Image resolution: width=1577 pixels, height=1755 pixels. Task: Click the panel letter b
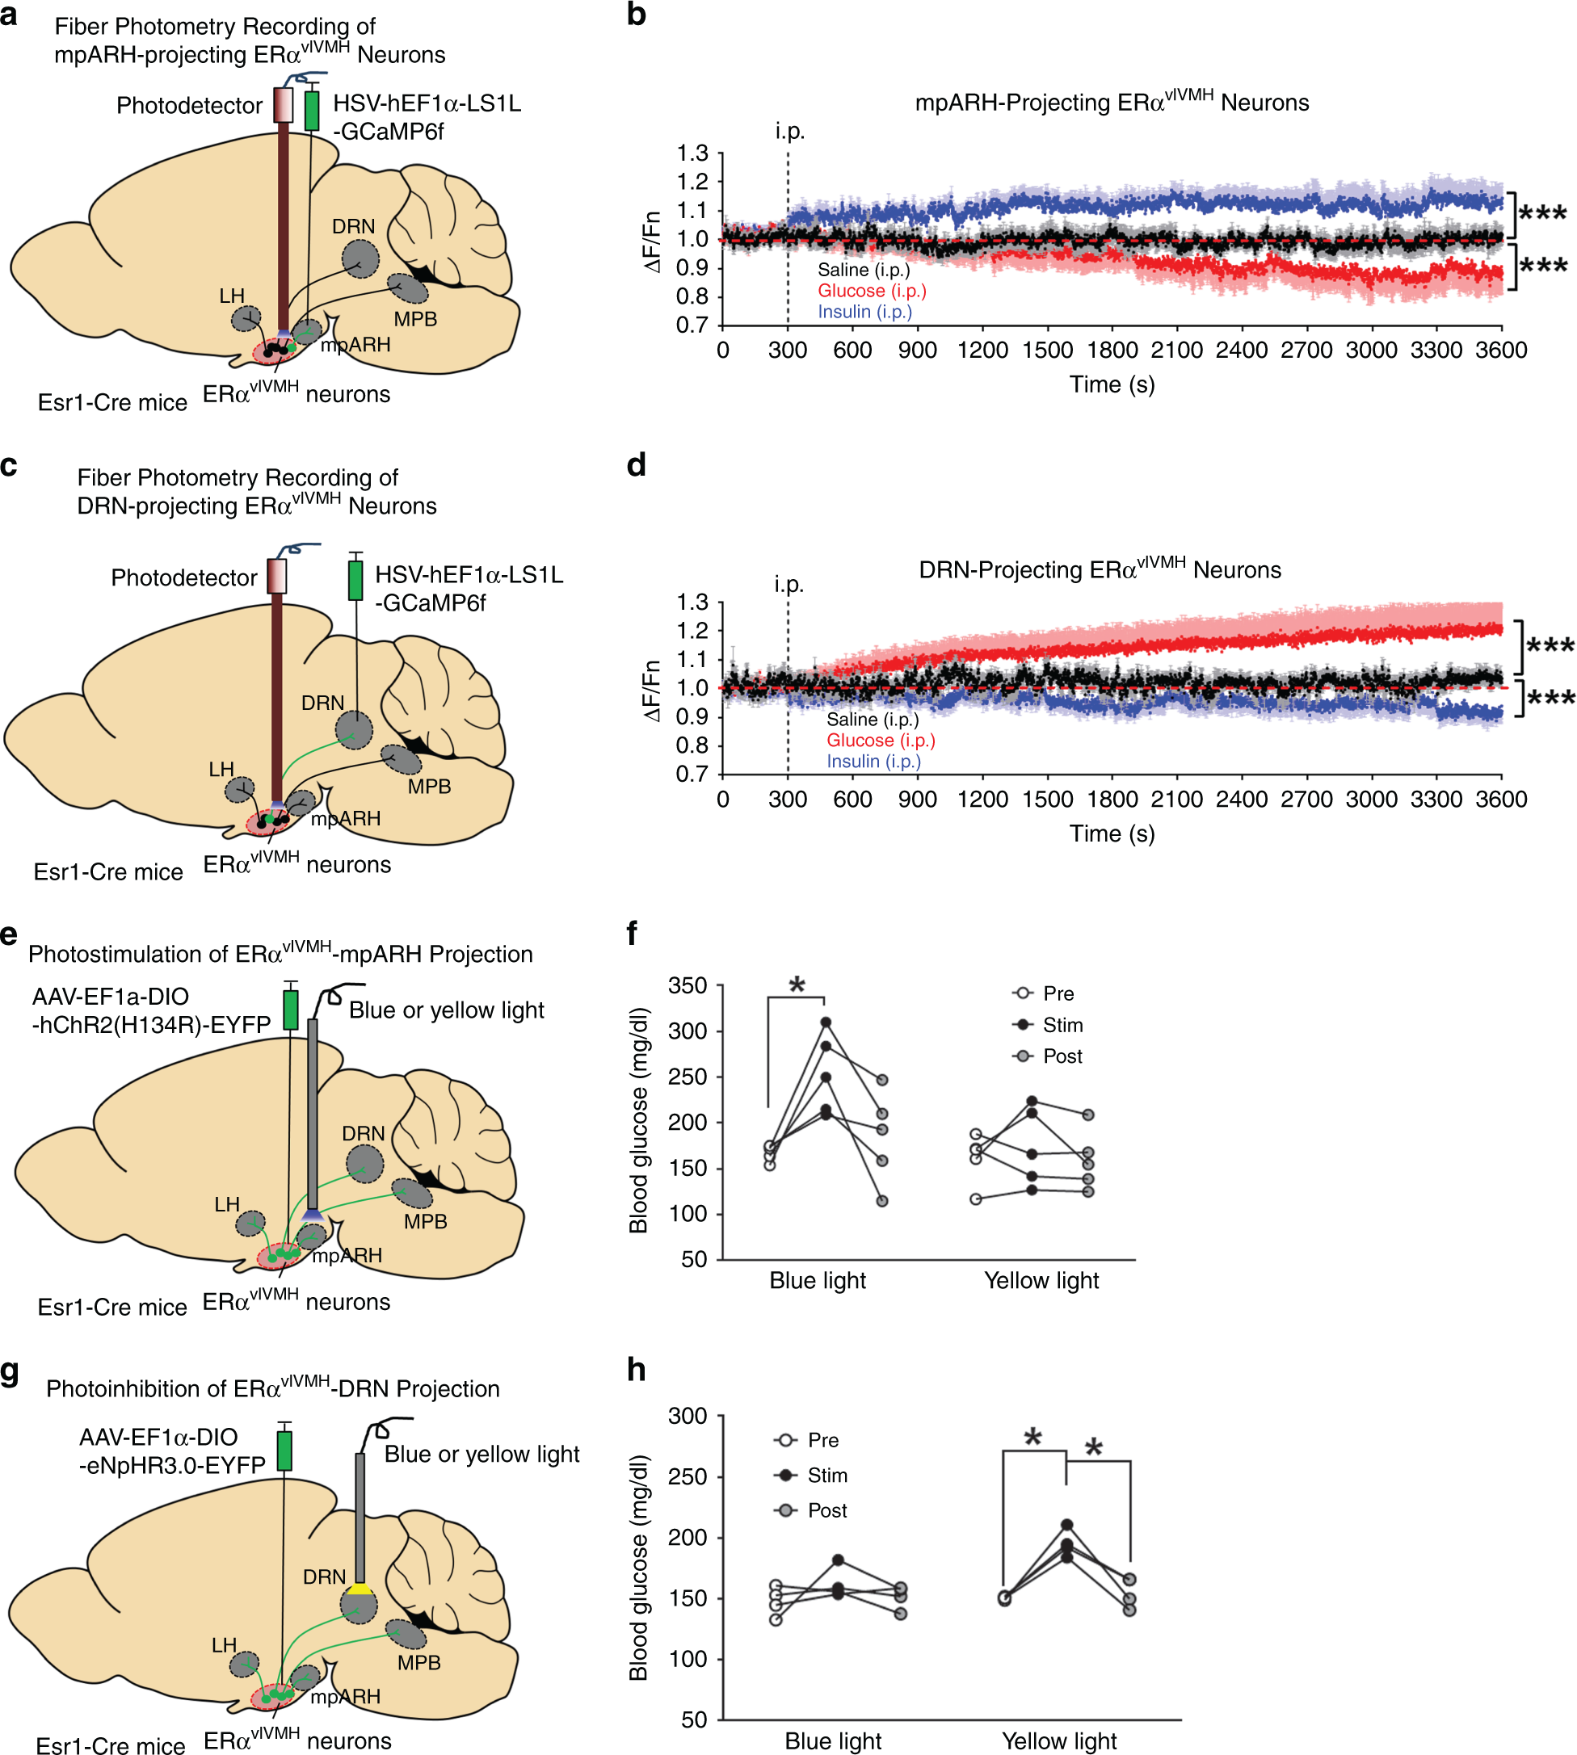pos(636,15)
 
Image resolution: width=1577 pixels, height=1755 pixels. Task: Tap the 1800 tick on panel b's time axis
pos(1112,350)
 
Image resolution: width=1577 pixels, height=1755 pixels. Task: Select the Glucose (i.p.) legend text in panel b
pos(872,291)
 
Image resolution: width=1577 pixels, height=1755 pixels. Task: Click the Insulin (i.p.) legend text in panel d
pos(873,762)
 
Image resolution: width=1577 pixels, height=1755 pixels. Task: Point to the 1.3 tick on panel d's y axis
pos(692,602)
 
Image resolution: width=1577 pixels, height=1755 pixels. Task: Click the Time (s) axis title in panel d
pos(1112,833)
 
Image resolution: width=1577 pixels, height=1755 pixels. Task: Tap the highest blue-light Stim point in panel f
pos(826,1022)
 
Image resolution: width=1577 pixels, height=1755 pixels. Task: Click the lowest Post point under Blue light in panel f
pos(882,1201)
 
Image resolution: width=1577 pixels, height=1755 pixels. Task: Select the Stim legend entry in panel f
pos(1048,1025)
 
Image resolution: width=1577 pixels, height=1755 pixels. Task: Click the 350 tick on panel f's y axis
pos(688,986)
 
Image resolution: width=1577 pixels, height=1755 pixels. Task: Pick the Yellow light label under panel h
pos(1059,1740)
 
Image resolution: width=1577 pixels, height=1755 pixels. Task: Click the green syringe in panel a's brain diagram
pos(312,111)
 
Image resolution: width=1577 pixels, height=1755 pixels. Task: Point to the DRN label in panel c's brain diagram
pos(322,703)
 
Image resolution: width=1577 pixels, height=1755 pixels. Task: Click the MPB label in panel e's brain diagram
pos(426,1221)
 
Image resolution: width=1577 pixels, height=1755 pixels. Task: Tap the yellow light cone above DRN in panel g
pos(359,1589)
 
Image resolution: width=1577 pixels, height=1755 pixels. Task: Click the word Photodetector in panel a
pos(189,106)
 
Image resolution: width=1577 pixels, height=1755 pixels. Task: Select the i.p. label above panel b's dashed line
pos(789,132)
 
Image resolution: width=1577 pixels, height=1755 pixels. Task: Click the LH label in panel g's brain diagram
pos(224,1645)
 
